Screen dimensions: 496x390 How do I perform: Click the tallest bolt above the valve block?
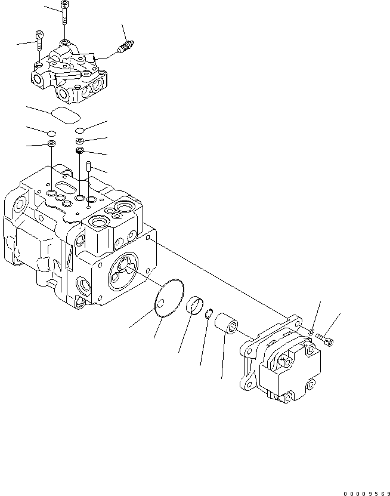tap(63, 18)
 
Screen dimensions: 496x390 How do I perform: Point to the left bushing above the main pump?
tap(52, 145)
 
